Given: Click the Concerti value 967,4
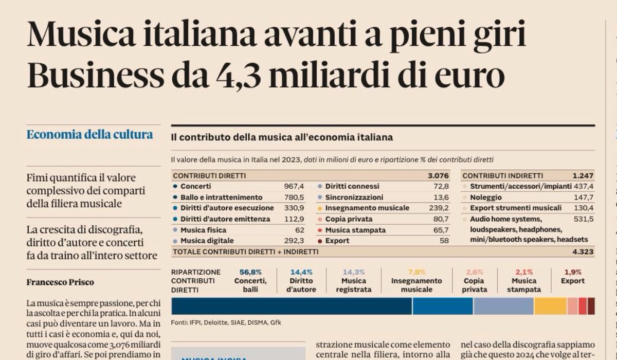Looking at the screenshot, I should tap(295, 186).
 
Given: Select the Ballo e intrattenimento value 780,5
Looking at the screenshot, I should tap(295, 197).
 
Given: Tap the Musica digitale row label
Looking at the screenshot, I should tap(207, 241).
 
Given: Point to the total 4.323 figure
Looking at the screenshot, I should tap(582, 251).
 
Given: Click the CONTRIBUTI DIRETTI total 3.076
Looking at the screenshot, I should tap(438, 175).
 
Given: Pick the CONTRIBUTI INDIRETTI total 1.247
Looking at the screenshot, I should tap(583, 175).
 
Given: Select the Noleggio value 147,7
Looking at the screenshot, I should tap(583, 197).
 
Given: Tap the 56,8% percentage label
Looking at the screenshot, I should tap(250, 272).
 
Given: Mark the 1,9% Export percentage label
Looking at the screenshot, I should tap(573, 272).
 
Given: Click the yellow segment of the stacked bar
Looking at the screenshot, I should tap(550, 306).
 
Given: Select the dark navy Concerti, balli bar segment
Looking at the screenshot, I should tap(292, 306).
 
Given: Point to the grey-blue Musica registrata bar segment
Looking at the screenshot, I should tap(503, 306).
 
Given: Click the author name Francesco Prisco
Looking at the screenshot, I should tap(60, 282).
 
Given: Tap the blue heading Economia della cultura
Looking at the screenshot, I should tap(89, 135).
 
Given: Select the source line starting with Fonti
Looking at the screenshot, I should tap(226, 322).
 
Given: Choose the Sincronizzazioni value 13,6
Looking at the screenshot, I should tap(441, 197).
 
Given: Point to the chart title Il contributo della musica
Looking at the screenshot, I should tap(282, 138).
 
